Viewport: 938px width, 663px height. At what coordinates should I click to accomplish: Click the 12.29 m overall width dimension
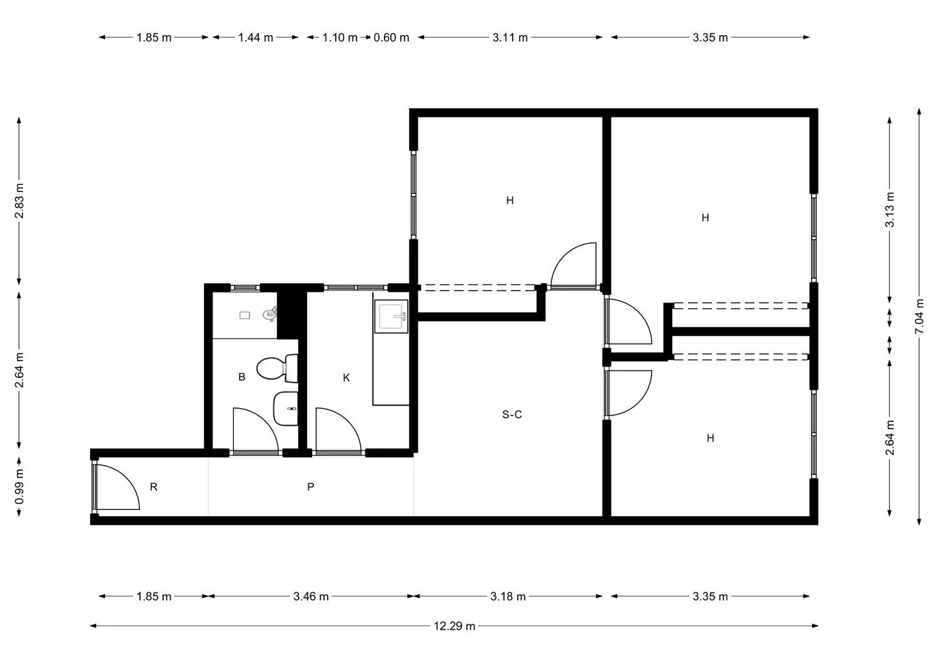pos(455,626)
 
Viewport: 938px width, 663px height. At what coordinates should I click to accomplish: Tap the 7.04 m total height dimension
pos(919,316)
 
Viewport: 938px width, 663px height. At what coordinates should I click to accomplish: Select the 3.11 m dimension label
pos(510,37)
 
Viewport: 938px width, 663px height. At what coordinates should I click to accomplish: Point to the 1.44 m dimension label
pos(255,37)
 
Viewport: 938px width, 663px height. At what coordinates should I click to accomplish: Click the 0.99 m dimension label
pos(19,487)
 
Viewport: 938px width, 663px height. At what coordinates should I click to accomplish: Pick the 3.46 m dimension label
pos(311,596)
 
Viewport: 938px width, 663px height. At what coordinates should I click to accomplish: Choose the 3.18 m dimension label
pos(508,596)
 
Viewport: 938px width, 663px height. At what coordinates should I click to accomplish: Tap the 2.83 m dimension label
pos(19,201)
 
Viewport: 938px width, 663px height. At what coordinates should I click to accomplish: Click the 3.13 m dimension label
pos(890,209)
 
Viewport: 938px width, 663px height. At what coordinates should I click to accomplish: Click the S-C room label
pos(512,414)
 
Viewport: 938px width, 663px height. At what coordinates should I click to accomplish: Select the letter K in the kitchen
pos(346,377)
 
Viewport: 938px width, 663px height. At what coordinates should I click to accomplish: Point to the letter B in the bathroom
pos(241,377)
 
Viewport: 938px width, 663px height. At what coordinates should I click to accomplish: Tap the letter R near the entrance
pos(154,487)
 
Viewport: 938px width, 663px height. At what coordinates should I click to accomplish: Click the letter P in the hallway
pos(311,486)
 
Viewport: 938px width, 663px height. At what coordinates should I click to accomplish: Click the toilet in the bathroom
pos(277,368)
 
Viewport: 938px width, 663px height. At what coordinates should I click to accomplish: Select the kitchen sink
pos(391,316)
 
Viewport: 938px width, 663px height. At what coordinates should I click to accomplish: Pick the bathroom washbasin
pos(286,409)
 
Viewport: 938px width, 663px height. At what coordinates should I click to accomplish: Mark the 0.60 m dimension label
pos(391,37)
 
